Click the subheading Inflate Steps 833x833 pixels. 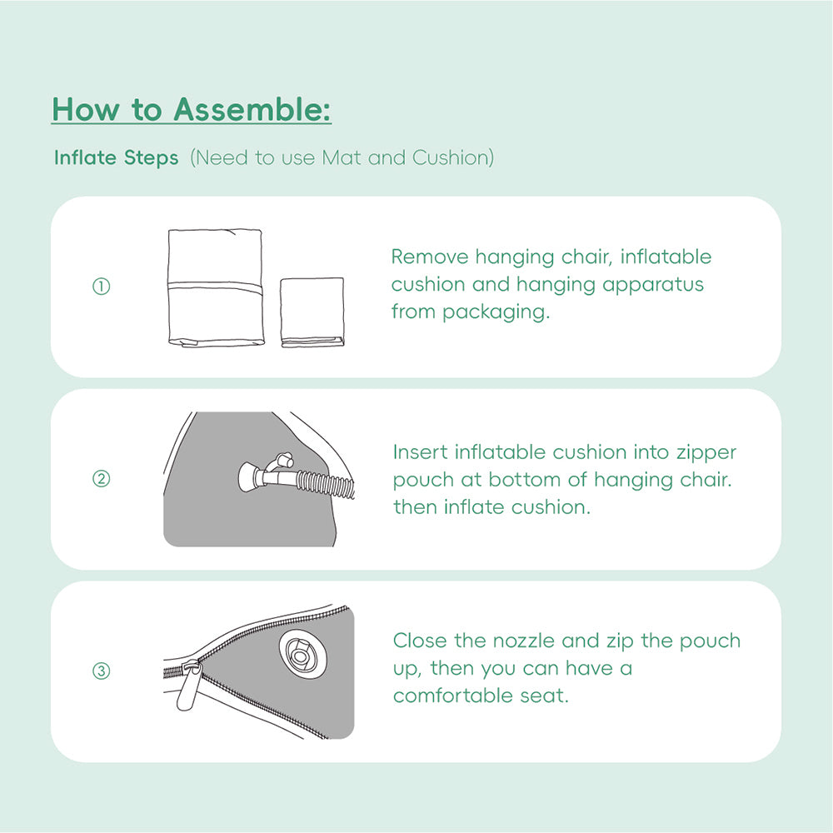116,157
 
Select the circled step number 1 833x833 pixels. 101,287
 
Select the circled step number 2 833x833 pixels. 101,479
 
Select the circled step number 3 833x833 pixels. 101,671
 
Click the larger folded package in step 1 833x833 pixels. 215,287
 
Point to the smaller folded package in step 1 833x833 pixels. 312,312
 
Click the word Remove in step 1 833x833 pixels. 430,257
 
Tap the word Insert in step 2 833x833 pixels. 421,452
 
